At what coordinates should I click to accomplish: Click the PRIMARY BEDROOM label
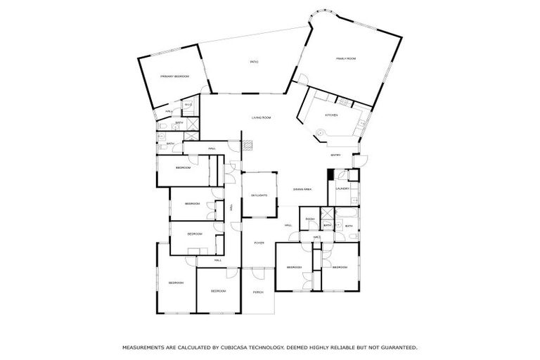pyautogui.click(x=175, y=76)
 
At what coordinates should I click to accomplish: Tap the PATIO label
pyautogui.click(x=254, y=63)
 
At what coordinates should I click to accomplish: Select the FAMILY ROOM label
pyautogui.click(x=345, y=59)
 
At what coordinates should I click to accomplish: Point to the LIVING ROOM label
pyautogui.click(x=262, y=117)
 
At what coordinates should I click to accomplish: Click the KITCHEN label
pyautogui.click(x=331, y=115)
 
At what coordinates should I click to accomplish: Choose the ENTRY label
pyautogui.click(x=336, y=155)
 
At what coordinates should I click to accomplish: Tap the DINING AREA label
pyautogui.click(x=302, y=190)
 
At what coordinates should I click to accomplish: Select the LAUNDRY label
pyautogui.click(x=342, y=188)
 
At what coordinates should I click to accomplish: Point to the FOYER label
pyautogui.click(x=259, y=243)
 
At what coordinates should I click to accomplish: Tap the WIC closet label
pyautogui.click(x=317, y=237)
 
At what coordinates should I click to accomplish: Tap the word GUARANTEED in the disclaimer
pyautogui.click(x=399, y=347)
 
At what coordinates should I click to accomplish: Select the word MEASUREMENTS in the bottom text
pyautogui.click(x=144, y=347)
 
